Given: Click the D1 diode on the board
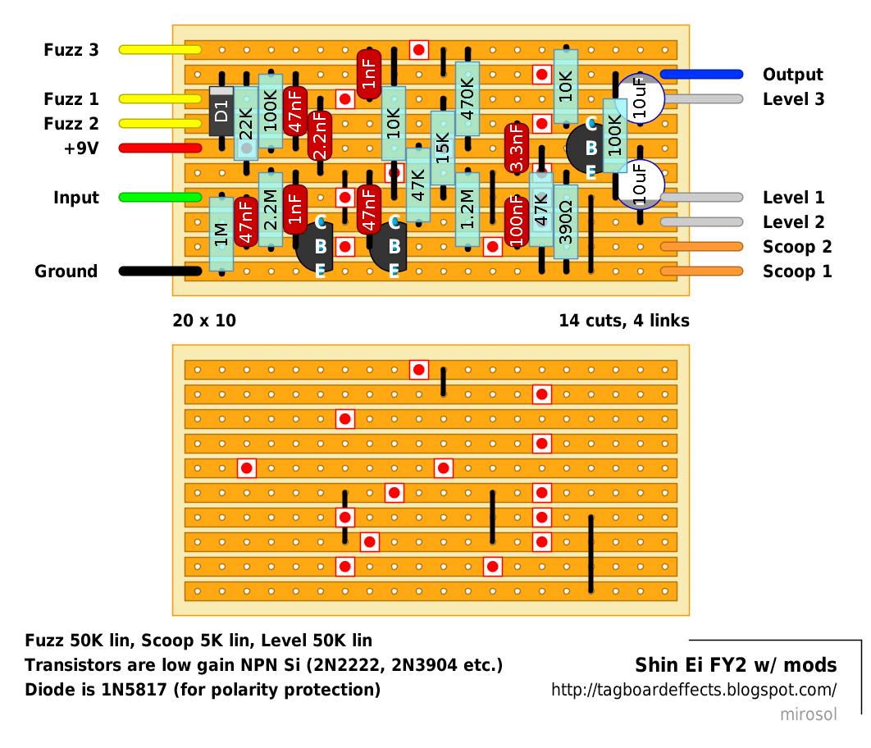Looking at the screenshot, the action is point(221,111).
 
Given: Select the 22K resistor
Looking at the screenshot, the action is point(246,123).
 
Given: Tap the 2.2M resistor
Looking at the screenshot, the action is point(271,209).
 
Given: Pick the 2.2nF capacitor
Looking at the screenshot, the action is point(320,136).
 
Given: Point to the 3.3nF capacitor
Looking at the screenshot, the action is point(517,148).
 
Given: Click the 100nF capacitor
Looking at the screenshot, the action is point(517,221).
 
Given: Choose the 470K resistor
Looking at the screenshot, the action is point(467,99).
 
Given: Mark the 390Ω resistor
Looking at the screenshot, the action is point(565,221).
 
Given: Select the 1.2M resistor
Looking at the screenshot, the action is point(467,209).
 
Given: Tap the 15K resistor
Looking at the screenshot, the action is point(443,148).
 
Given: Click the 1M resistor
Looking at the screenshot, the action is point(221,234).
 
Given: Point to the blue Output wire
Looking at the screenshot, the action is point(701,75).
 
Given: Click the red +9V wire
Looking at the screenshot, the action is point(160,148).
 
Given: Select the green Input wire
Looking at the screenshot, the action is point(160,197).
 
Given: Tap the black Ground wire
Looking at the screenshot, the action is point(160,271).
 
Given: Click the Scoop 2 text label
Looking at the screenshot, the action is point(797,247).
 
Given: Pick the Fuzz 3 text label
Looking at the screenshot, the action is point(71,50).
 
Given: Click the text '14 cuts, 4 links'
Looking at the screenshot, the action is point(624,321).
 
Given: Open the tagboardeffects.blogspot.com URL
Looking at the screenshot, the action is point(694,690).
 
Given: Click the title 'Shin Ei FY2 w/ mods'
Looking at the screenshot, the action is point(736,664).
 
